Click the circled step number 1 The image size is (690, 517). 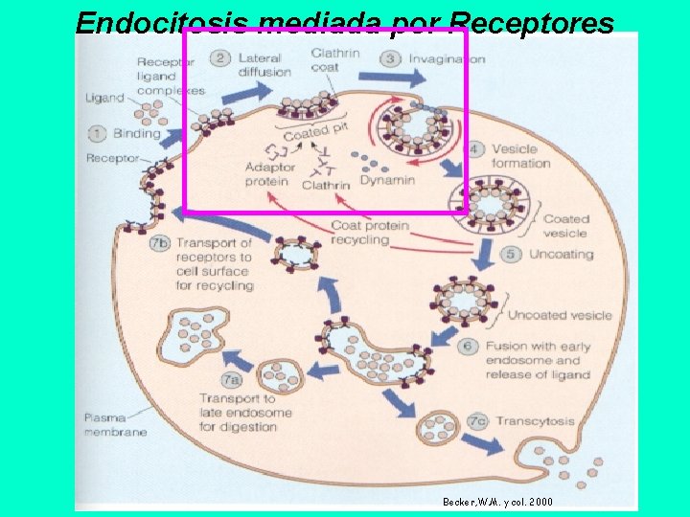(x=98, y=133)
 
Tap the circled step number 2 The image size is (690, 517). (x=220, y=58)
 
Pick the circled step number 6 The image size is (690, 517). (x=468, y=346)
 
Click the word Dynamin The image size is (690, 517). (x=387, y=179)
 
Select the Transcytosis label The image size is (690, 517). (x=534, y=420)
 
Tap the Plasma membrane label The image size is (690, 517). (x=115, y=424)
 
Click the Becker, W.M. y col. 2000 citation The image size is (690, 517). (x=496, y=502)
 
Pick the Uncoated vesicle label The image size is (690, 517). (x=559, y=315)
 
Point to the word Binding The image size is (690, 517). (x=135, y=133)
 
